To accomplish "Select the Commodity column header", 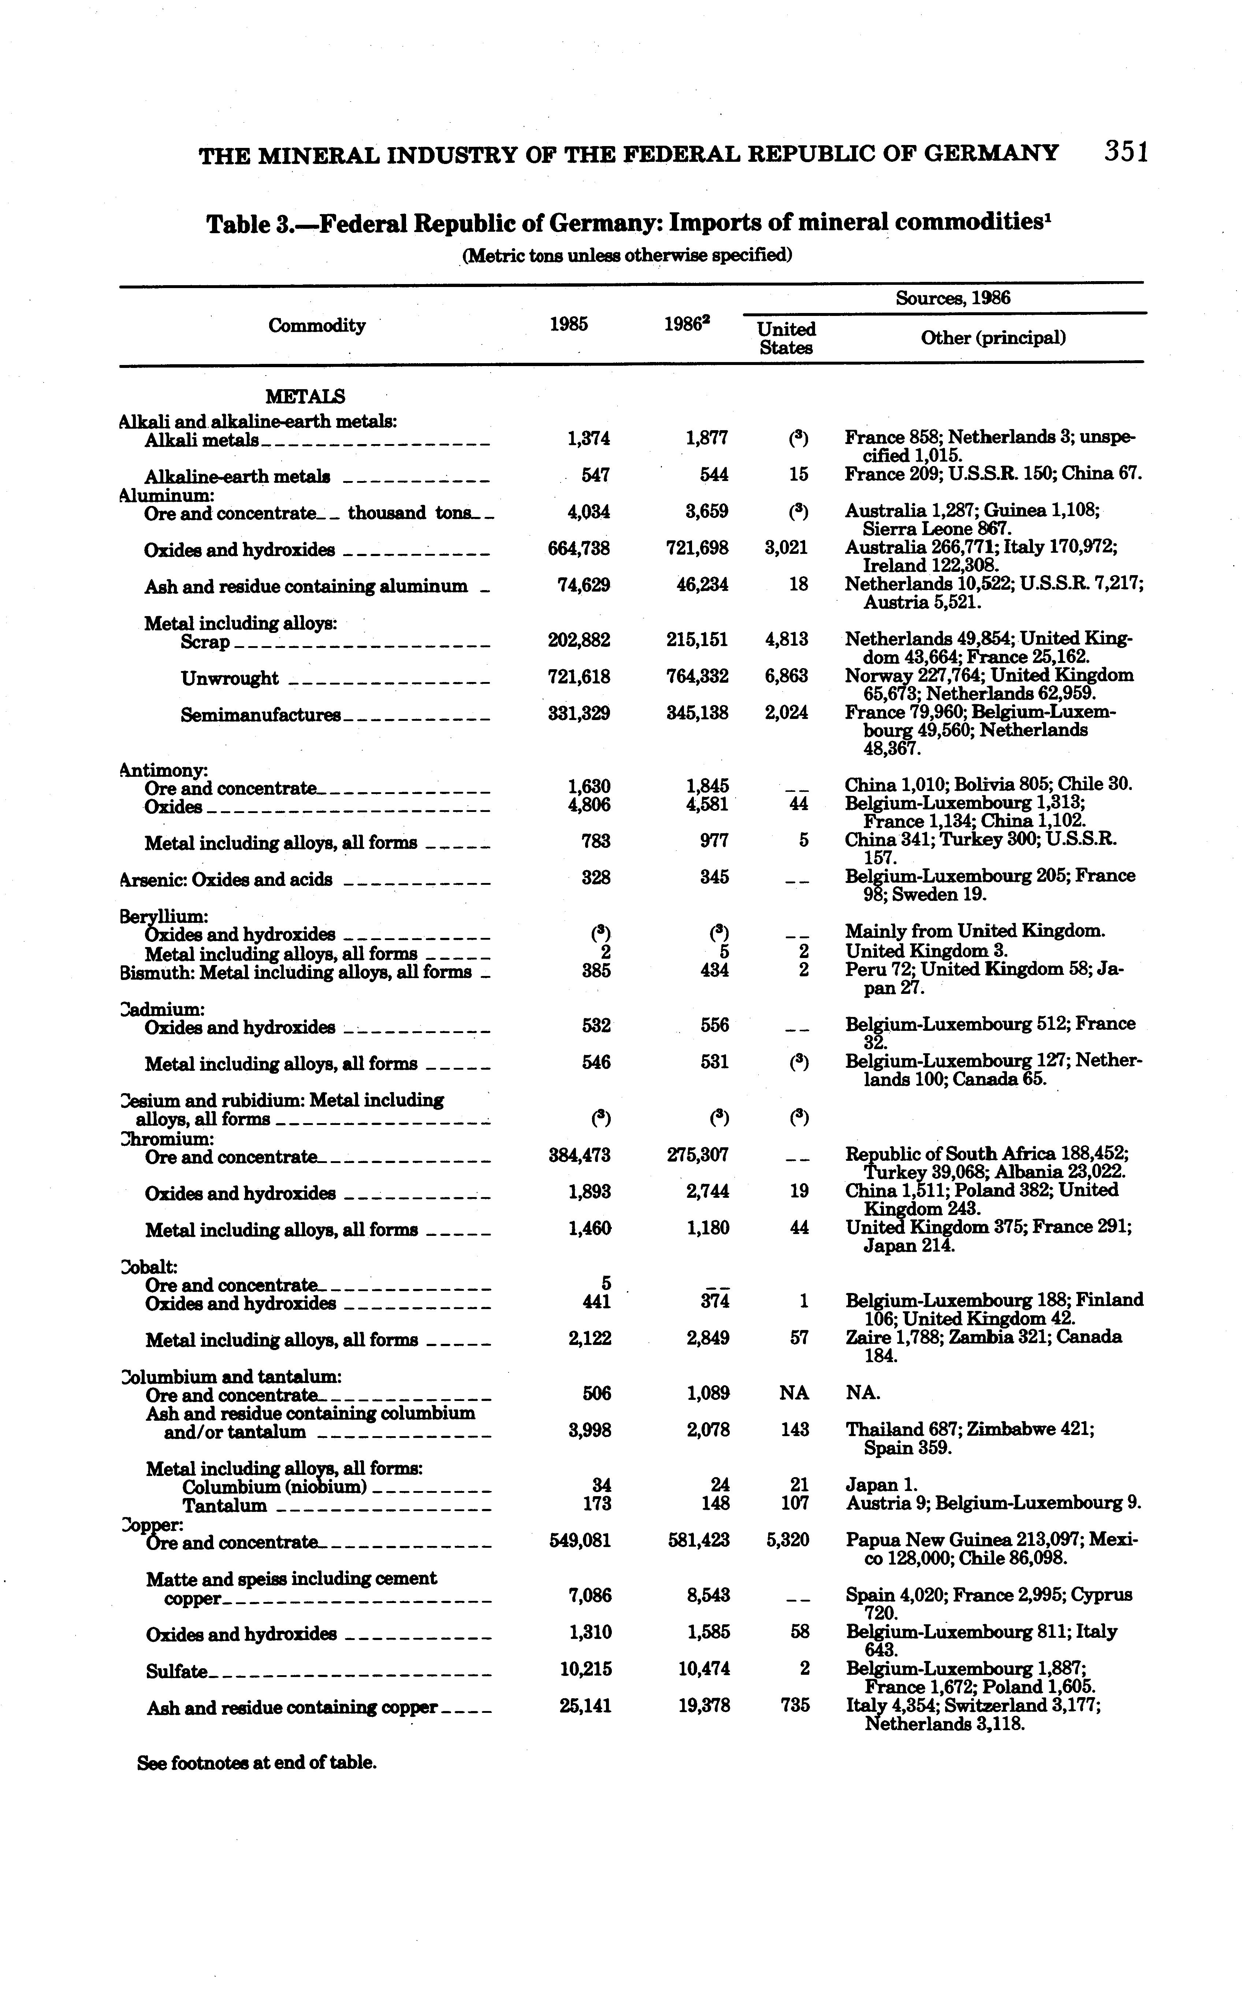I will click(x=317, y=326).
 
